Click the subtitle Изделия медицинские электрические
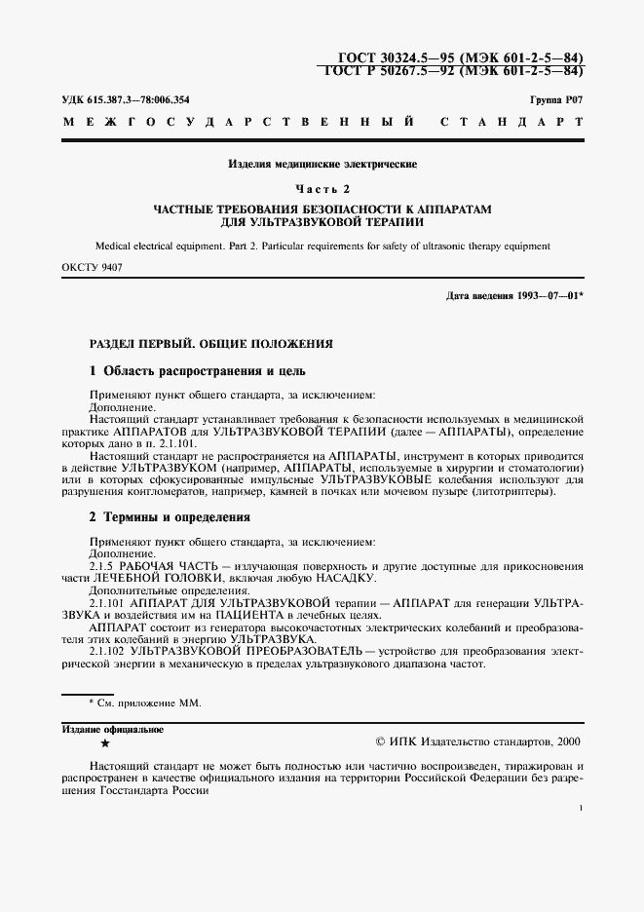(x=322, y=164)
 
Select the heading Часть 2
(x=322, y=187)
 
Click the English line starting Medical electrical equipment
(x=322, y=247)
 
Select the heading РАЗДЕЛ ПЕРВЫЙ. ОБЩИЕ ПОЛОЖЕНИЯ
(x=211, y=344)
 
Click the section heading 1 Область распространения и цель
(x=198, y=371)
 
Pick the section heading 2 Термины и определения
(x=170, y=517)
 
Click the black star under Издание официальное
(x=105, y=742)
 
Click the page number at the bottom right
(x=581, y=809)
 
